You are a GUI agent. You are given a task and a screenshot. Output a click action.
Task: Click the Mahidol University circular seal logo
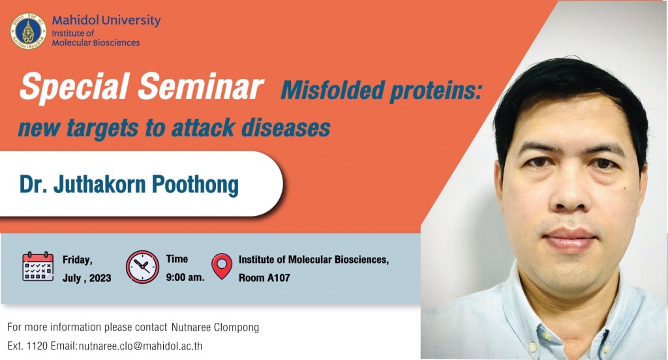28,31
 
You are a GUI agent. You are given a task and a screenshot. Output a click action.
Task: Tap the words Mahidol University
106,20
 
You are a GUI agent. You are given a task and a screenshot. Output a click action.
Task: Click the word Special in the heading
74,87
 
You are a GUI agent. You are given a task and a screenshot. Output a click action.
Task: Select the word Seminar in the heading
201,87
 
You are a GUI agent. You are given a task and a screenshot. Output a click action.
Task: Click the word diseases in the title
286,128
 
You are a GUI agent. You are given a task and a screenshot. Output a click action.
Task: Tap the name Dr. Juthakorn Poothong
129,185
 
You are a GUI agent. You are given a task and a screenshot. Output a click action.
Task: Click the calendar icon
38,266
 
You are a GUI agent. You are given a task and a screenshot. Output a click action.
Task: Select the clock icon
142,267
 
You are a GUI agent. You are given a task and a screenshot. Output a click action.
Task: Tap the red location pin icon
222,266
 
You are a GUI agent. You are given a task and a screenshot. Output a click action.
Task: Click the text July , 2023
87,278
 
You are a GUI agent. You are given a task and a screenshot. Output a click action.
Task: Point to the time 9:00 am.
185,277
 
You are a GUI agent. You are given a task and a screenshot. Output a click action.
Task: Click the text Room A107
264,278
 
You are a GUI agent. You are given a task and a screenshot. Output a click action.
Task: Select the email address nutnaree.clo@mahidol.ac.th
141,346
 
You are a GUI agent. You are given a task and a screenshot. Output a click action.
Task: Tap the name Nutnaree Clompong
215,327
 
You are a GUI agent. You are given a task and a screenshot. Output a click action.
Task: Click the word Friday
78,260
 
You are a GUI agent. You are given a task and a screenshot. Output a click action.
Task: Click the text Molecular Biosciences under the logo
96,42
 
